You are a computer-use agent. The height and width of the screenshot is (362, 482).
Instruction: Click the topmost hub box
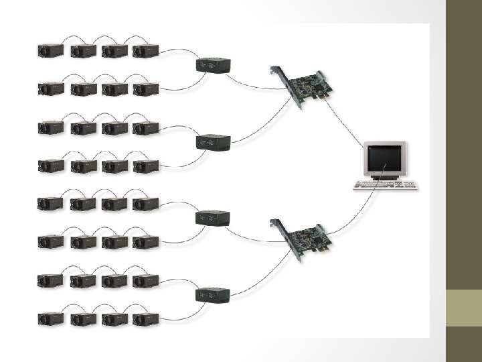click(x=214, y=65)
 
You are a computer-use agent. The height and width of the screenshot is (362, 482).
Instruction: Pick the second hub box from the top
click(x=214, y=141)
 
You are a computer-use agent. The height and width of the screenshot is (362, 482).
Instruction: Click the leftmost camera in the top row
click(x=50, y=50)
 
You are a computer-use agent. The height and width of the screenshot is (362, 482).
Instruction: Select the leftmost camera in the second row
click(x=50, y=88)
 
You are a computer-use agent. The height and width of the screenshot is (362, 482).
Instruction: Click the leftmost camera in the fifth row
click(x=50, y=202)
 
